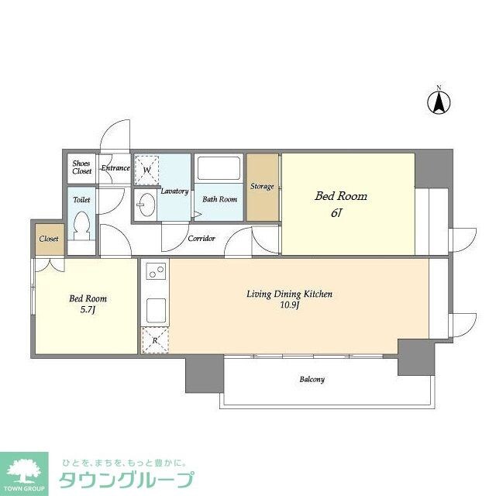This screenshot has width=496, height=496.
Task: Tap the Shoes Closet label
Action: pyautogui.click(x=81, y=167)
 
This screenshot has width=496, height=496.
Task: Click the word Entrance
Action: pyautogui.click(x=115, y=168)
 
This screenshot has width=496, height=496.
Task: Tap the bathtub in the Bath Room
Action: pyautogui.click(x=219, y=168)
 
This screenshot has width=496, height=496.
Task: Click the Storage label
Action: pyautogui.click(x=262, y=187)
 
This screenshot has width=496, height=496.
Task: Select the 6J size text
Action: pyautogui.click(x=336, y=212)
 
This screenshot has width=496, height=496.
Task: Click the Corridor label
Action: pyautogui.click(x=201, y=239)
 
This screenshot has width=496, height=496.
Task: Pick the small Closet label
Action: pyautogui.click(x=49, y=239)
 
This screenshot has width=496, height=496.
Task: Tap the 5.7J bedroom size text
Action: pyautogui.click(x=88, y=310)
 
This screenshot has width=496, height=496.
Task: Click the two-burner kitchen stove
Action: pyautogui.click(x=156, y=273)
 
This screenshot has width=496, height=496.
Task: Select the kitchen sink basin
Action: pyautogui.click(x=156, y=308)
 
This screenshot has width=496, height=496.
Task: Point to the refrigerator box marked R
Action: pyautogui.click(x=154, y=339)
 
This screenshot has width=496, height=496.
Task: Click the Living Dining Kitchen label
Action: pyautogui.click(x=289, y=294)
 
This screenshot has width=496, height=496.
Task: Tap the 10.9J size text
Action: pyautogui.click(x=288, y=305)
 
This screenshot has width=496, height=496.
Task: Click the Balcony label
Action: pyautogui.click(x=312, y=380)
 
